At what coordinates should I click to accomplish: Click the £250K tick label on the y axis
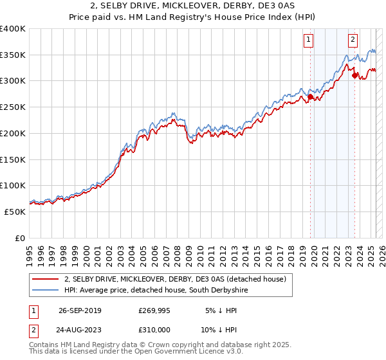(x=13, y=107)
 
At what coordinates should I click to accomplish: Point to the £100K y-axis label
(x=13, y=185)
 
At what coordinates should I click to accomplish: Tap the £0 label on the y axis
(x=19, y=238)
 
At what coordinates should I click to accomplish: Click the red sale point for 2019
(x=310, y=97)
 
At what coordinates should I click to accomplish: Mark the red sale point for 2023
(x=355, y=76)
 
